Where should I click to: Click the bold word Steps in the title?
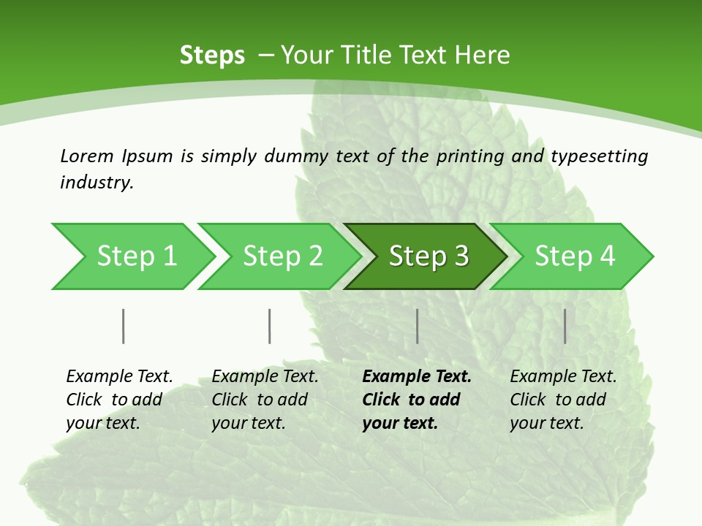(212, 56)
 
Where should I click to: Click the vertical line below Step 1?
(124, 326)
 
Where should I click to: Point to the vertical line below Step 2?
(270, 326)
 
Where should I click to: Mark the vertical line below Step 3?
(417, 326)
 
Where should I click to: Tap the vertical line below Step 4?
(565, 326)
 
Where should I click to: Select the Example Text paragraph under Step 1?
(119, 400)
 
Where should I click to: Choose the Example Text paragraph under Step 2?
(265, 400)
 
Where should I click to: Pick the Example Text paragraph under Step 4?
(563, 400)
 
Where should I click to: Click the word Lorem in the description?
(86, 156)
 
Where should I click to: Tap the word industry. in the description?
(97, 183)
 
